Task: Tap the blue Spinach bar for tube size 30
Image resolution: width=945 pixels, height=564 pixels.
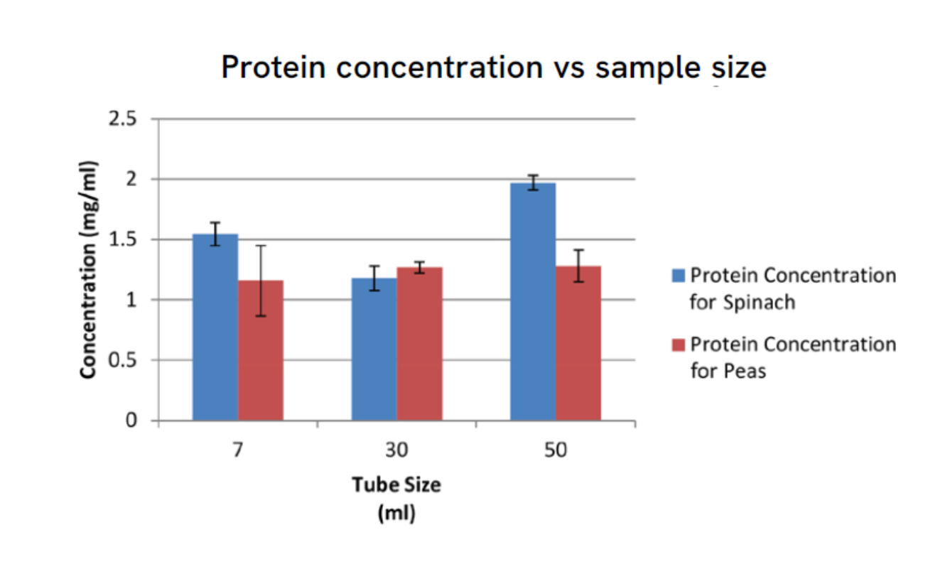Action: click(374, 349)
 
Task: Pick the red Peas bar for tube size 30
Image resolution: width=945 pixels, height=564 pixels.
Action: click(420, 344)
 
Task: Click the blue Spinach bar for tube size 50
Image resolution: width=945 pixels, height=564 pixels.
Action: click(533, 302)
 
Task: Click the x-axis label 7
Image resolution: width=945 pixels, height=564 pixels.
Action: click(238, 452)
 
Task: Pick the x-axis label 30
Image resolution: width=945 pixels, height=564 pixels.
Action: click(396, 452)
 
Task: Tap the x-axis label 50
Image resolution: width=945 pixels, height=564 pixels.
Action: click(556, 452)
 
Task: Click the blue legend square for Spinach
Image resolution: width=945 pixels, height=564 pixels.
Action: click(678, 275)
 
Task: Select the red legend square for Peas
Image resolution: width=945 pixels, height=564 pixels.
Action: click(678, 345)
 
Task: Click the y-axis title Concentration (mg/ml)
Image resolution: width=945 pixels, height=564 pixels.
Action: click(88, 270)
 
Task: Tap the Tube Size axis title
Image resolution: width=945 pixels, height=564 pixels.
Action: click(396, 485)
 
